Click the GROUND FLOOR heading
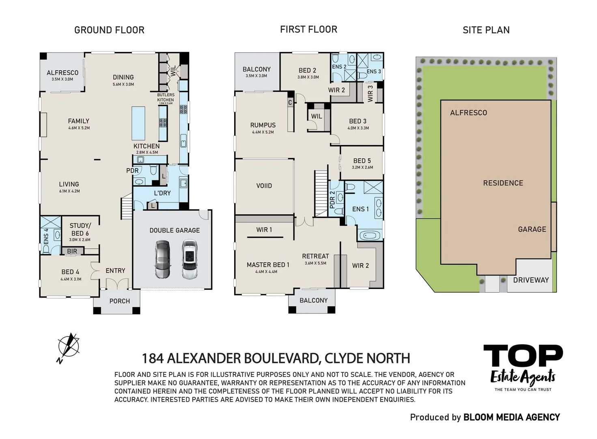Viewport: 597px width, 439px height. [109, 30]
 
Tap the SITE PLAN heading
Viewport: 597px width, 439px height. [486, 30]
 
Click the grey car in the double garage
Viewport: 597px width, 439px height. [162, 259]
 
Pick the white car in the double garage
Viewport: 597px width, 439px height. [189, 259]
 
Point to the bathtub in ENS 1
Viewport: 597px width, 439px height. [370, 235]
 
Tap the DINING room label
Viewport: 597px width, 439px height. [123, 77]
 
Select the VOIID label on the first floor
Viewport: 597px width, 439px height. [264, 186]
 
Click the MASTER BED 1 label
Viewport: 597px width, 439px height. [268, 265]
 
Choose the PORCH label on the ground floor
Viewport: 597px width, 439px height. [119, 301]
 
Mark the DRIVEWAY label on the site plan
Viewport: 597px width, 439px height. [530, 280]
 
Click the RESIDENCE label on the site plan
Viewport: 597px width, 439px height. [503, 183]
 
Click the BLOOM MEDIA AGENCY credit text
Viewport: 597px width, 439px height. [511, 417]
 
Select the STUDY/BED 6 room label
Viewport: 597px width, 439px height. [80, 229]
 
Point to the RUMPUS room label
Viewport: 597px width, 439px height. [263, 125]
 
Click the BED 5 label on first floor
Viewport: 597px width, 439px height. [362, 161]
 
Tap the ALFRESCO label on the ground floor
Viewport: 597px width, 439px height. [63, 73]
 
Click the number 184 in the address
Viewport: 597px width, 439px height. [153, 359]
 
